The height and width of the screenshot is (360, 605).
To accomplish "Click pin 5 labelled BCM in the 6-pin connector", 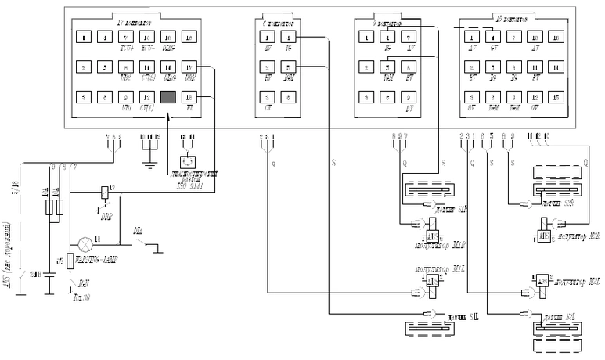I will coord(289,67).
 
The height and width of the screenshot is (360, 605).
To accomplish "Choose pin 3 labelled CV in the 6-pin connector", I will coord(268,96).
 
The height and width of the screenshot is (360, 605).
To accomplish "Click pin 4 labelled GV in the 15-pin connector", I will coord(492,36).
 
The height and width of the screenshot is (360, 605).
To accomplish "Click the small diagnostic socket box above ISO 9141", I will coord(188,162).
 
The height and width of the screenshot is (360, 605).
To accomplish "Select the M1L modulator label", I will coord(427,269).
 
